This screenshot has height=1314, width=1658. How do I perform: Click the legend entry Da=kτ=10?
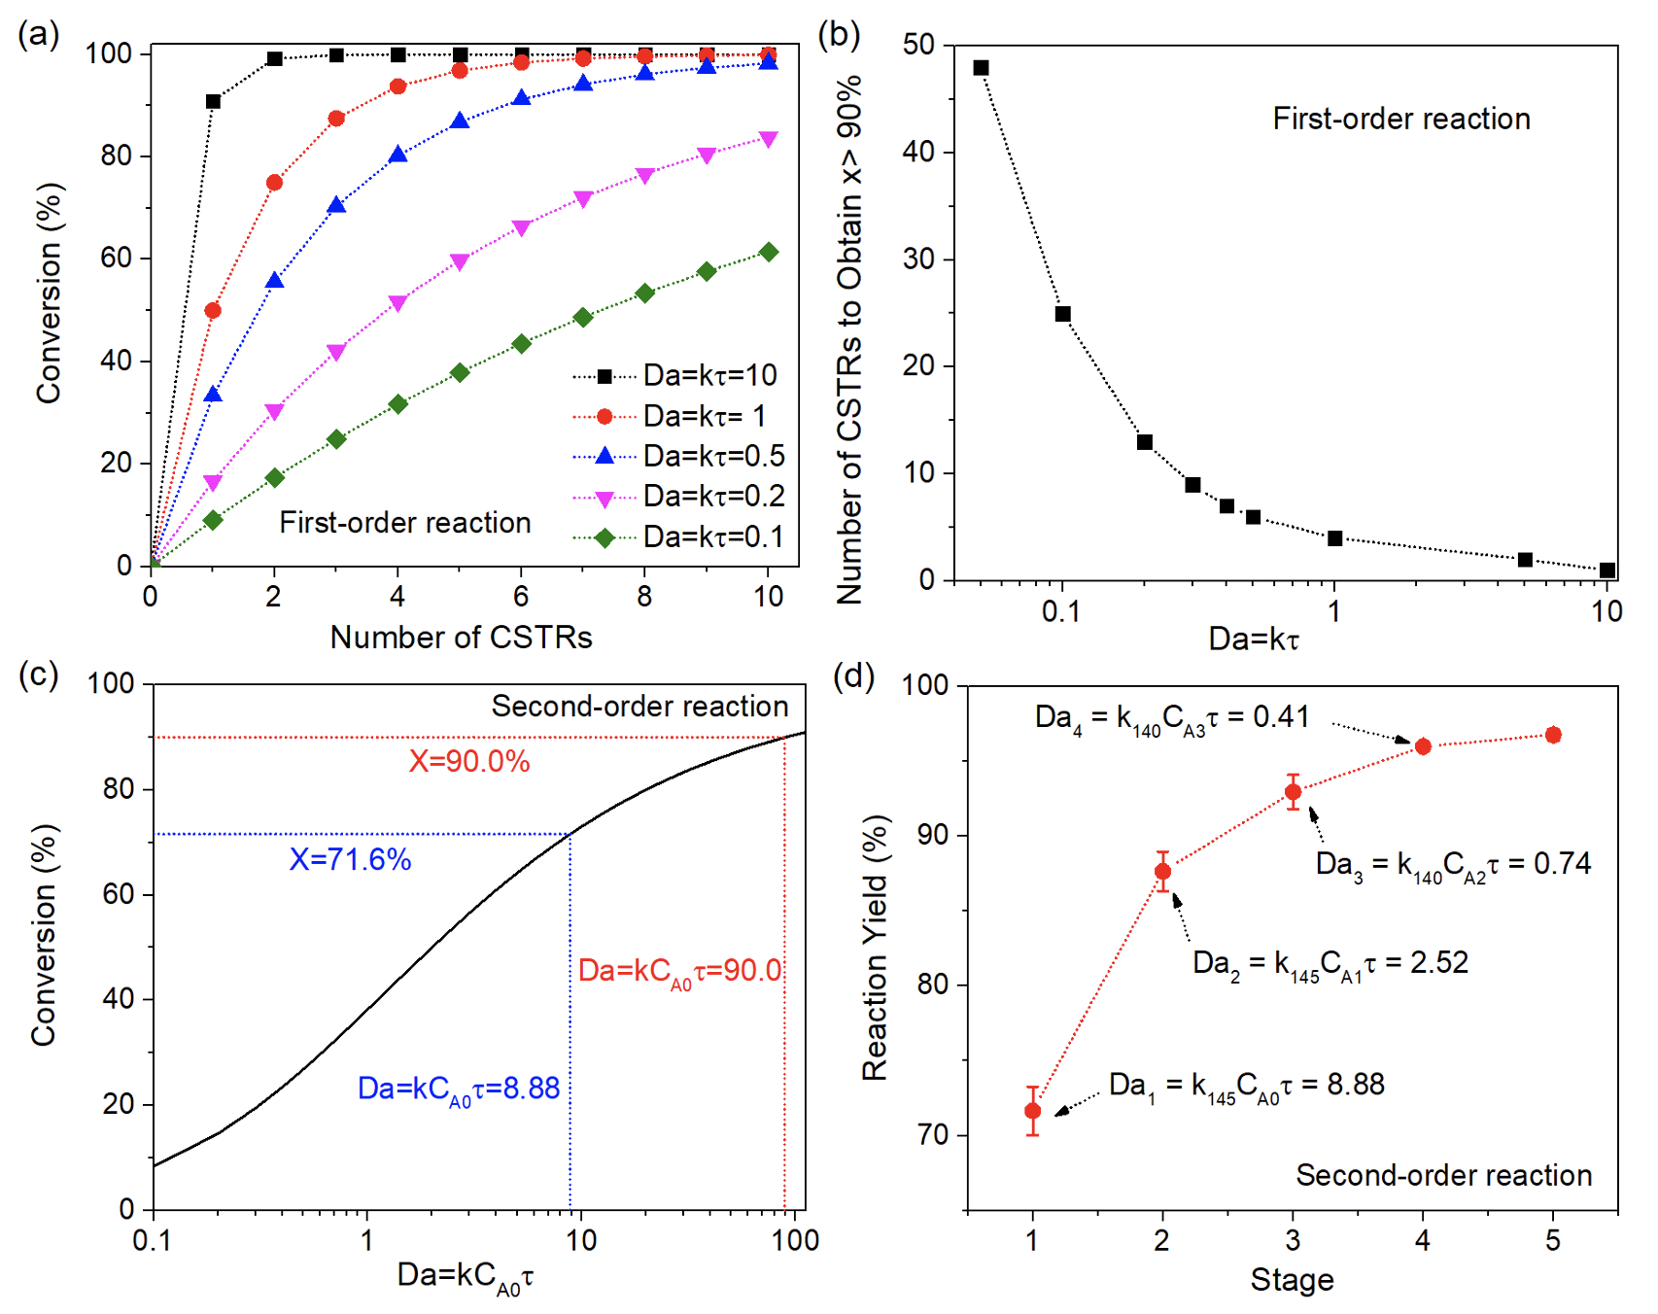(709, 375)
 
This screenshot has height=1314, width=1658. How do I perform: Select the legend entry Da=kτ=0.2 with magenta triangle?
(713, 497)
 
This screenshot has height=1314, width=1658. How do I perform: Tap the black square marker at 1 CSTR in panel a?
(213, 101)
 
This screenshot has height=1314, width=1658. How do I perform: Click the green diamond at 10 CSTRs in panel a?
(769, 253)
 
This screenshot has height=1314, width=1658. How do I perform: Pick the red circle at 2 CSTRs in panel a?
(275, 183)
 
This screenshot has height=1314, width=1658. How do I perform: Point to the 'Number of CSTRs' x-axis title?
(461, 638)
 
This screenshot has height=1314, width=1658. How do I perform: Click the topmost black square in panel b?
(982, 68)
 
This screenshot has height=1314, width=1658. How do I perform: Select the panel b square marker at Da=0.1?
(1063, 314)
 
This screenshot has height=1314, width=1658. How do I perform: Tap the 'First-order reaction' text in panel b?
(1400, 119)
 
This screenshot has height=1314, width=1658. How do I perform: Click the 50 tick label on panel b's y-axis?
(918, 45)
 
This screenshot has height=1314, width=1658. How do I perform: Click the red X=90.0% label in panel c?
(468, 761)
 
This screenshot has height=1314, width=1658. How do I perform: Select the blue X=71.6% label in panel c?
(350, 859)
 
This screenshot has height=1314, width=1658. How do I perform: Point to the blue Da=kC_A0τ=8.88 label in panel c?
(459, 1089)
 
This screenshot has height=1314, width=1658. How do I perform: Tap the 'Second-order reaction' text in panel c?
(639, 707)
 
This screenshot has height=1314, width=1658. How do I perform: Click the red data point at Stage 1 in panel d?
(1032, 1111)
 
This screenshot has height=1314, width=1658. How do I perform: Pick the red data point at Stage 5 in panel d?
(1553, 735)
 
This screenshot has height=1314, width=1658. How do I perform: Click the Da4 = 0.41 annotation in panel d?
(1172, 718)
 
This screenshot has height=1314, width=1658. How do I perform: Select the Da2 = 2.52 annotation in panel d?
(1330, 963)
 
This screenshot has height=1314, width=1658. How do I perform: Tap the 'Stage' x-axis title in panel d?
(1292, 1280)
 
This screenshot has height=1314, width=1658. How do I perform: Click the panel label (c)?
(39, 674)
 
